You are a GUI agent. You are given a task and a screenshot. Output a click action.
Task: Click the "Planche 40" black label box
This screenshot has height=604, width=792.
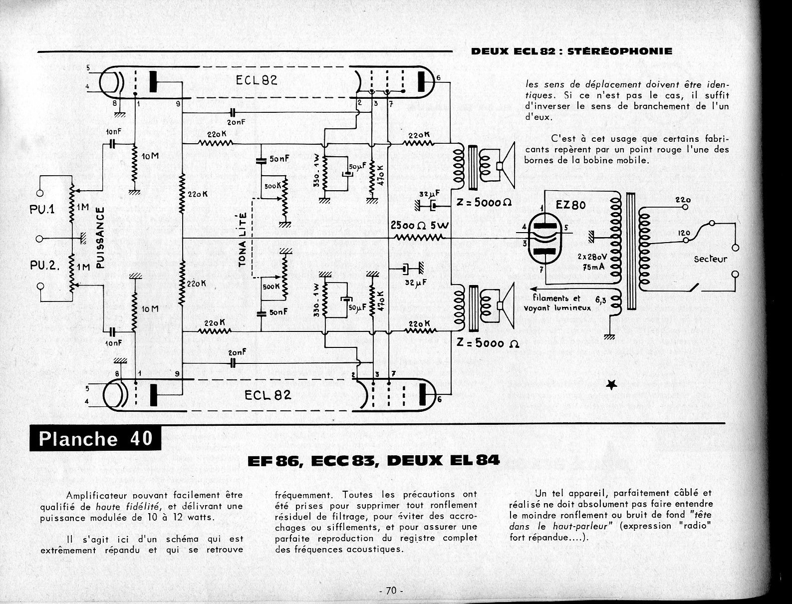pos(95,438)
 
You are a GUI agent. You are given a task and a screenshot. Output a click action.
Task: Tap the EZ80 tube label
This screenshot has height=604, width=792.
pos(570,205)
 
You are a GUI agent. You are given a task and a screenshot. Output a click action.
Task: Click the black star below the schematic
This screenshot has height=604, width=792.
pos(611,384)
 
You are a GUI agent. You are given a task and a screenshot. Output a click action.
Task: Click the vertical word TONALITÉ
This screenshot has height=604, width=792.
pos(243,245)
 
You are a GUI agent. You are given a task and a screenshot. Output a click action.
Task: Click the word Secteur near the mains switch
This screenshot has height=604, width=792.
pos(710,259)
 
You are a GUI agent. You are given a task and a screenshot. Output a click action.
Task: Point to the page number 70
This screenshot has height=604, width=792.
pos(391,591)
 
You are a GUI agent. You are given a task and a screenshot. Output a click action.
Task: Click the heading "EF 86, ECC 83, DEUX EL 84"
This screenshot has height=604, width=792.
pos(373,460)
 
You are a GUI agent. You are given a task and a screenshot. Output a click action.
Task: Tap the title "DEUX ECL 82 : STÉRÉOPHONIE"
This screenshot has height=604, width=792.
pos(571,51)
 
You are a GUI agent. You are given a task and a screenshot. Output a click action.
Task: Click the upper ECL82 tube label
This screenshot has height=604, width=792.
pos(257,80)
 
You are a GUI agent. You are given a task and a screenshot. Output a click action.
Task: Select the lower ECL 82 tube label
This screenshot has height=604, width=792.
pos(267,395)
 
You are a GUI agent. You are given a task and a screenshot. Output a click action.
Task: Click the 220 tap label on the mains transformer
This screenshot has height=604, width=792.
pos(683,201)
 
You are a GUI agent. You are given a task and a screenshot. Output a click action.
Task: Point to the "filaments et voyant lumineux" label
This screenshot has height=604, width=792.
pos(557,303)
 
